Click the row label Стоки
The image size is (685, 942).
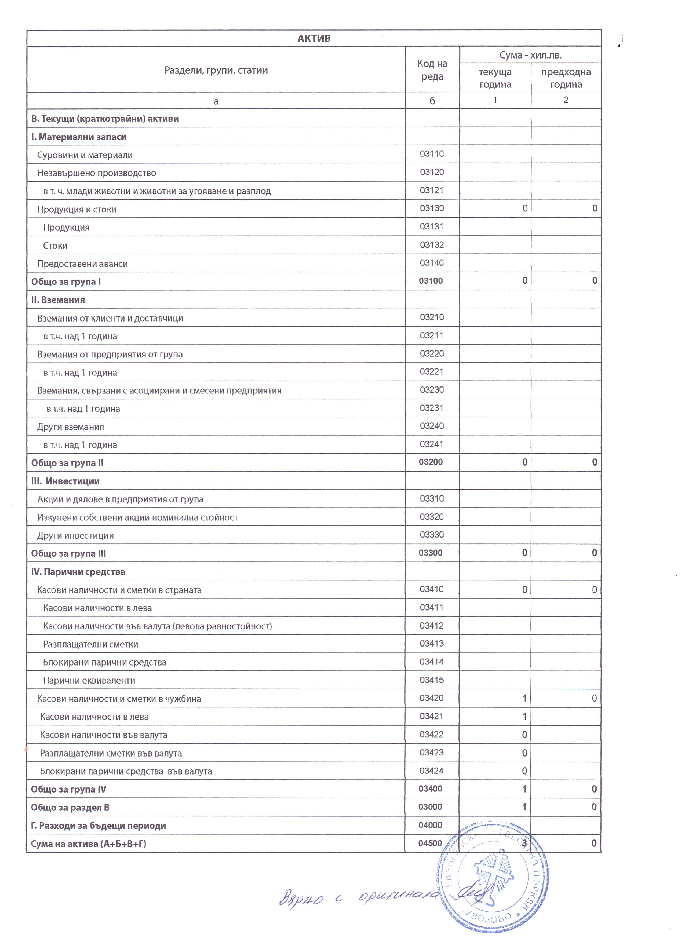point(55,246)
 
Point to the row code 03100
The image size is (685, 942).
point(431,281)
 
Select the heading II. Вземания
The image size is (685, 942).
point(58,300)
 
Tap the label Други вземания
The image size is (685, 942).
point(71,427)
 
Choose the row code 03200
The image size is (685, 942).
point(431,462)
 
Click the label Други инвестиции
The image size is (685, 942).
point(76,536)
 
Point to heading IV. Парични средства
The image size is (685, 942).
point(78,572)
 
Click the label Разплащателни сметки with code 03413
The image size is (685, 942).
point(90,645)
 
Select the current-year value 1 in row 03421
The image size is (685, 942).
point(524,717)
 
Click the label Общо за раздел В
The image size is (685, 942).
point(70,808)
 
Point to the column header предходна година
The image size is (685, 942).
point(566,78)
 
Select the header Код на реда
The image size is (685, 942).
point(432,70)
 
